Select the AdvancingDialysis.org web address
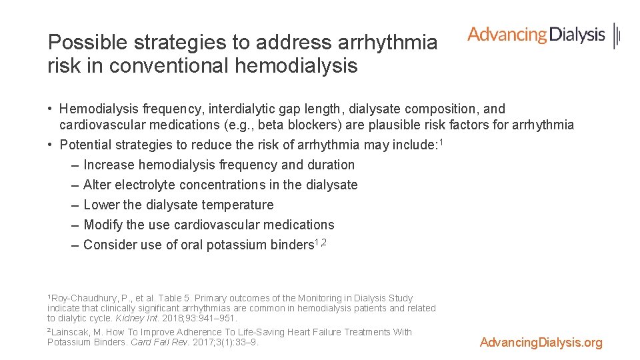(541, 343)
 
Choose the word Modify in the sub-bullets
(103, 225)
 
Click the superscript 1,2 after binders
(320, 242)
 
